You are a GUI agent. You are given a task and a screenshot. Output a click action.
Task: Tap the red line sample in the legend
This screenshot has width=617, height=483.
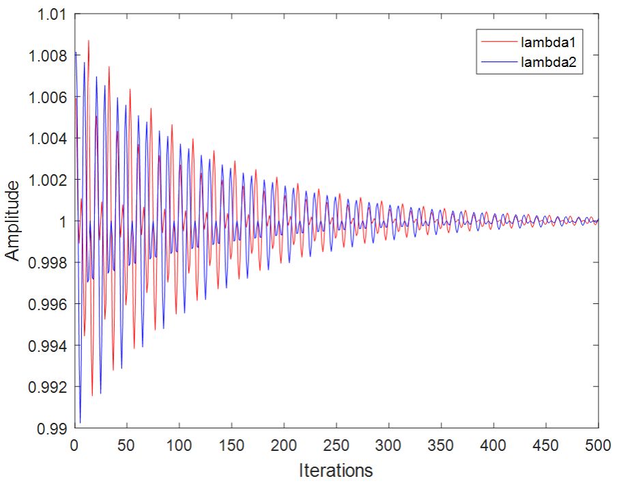click(x=498, y=42)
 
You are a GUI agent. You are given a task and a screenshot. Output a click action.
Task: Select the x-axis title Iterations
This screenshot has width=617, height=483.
click(x=336, y=471)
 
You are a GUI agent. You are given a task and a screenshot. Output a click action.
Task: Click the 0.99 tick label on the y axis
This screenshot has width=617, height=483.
click(x=49, y=428)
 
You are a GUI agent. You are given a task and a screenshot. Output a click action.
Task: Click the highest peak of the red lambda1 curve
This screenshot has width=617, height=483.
click(x=88, y=41)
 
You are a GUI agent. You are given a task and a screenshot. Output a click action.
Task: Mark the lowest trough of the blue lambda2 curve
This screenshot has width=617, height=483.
click(x=80, y=422)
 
